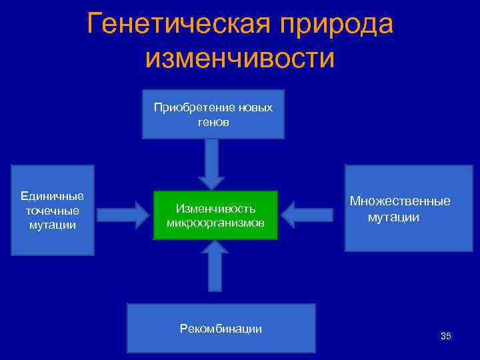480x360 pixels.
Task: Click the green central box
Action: (x=215, y=215)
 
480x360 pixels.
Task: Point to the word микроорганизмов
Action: (x=215, y=222)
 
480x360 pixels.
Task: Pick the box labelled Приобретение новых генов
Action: (x=213, y=114)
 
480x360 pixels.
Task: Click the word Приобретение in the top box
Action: (x=193, y=107)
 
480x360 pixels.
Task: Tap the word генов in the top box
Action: (x=213, y=123)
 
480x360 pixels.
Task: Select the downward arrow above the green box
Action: (x=213, y=163)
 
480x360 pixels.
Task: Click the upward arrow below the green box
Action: (x=215, y=265)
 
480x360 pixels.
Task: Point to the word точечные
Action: (x=53, y=211)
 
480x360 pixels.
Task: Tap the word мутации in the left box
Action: (x=53, y=225)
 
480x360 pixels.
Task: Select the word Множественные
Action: (x=400, y=201)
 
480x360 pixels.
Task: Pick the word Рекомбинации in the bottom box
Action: (x=221, y=329)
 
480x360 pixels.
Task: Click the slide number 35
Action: (x=445, y=336)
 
